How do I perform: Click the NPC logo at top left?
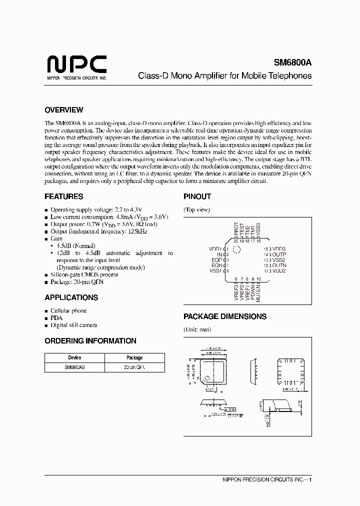coord(76,65)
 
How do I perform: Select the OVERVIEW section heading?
coord(63,110)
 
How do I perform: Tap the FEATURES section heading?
coord(63,196)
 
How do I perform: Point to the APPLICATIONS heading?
coord(71,297)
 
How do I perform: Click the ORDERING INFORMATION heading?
coord(90,341)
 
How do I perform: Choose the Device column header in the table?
coord(74,358)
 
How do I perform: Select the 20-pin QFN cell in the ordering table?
coord(134,367)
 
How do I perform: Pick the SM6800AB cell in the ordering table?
coord(74,367)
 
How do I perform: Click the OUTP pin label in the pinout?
coord(279,254)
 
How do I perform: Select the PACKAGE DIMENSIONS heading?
coord(224,316)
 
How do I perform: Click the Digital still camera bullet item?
coord(73,325)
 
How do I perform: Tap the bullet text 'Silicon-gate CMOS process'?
coord(84,274)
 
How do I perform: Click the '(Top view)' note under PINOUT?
coord(196,209)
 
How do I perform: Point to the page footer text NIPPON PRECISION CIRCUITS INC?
coord(264,479)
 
